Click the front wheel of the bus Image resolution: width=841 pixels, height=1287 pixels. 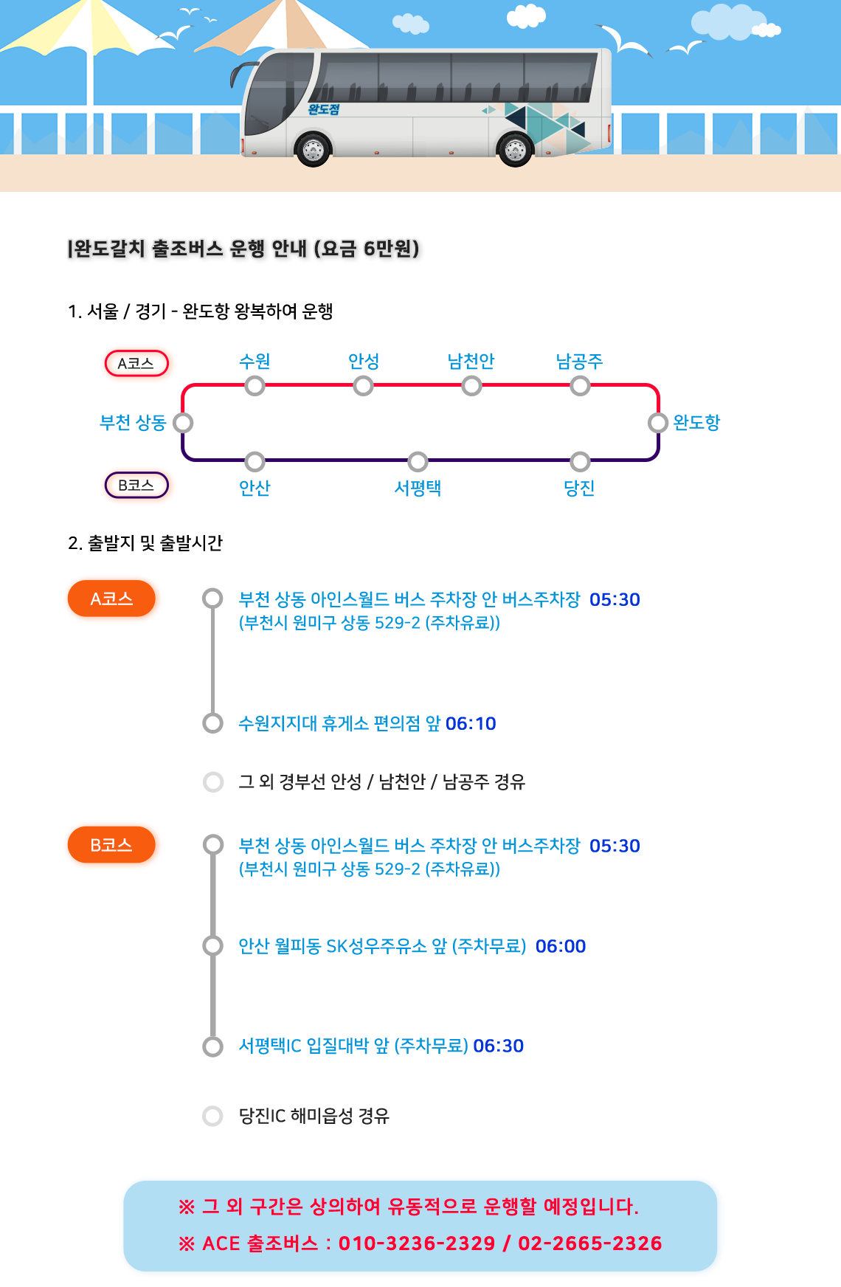point(313,150)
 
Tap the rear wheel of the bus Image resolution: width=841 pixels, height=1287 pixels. point(515,150)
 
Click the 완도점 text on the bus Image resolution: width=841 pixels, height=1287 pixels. point(324,109)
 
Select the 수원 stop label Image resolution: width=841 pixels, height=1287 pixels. point(255,361)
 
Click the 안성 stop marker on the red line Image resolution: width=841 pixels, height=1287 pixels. point(363,386)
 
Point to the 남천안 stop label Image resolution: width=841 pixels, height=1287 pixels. point(471,361)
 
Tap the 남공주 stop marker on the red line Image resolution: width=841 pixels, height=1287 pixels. point(580,386)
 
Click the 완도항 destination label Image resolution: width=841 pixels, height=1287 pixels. point(696,423)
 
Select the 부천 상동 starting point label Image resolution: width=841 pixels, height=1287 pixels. point(133,423)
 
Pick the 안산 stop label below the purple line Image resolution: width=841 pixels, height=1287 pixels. point(255,488)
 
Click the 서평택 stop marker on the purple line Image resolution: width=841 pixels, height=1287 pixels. point(418,462)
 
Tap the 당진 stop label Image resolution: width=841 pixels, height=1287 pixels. point(579,488)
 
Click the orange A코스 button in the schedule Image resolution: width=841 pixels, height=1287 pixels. point(112,599)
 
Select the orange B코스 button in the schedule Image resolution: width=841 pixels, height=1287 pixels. point(112,845)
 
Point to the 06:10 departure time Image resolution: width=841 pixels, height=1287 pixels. point(471,724)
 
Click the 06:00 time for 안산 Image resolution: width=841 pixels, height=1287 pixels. point(561,946)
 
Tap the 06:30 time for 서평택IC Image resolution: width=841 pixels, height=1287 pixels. point(498,1046)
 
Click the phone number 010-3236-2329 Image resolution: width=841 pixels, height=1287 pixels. point(416,1243)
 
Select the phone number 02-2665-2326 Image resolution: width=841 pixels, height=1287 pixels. point(589,1243)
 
